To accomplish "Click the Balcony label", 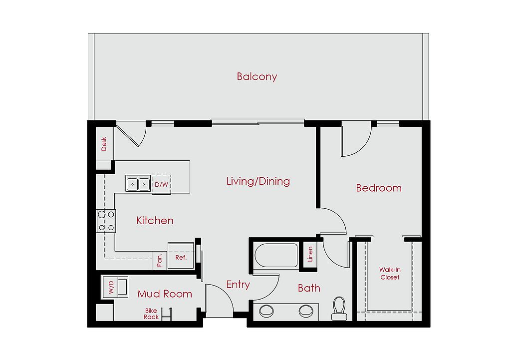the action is [257, 76].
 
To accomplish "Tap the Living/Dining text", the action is [258, 181].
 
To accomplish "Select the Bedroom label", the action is [379, 188].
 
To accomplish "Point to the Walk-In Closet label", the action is [390, 273].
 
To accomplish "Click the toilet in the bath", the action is [339, 309].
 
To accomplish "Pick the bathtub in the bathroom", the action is [276, 255].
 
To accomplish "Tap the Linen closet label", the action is [310, 254].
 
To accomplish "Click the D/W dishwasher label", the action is [161, 185].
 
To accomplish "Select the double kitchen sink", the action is [138, 184].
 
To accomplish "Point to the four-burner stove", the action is [106, 221].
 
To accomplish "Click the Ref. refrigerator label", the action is [181, 258].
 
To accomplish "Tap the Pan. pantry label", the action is [159, 261].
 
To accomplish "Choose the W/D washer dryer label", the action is [111, 287].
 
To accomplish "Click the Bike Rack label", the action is [151, 314].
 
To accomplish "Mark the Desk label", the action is [104, 144].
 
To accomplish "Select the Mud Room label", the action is [165, 294].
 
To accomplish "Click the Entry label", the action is [238, 285].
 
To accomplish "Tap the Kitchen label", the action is [155, 220].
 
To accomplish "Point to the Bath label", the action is [309, 288].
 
